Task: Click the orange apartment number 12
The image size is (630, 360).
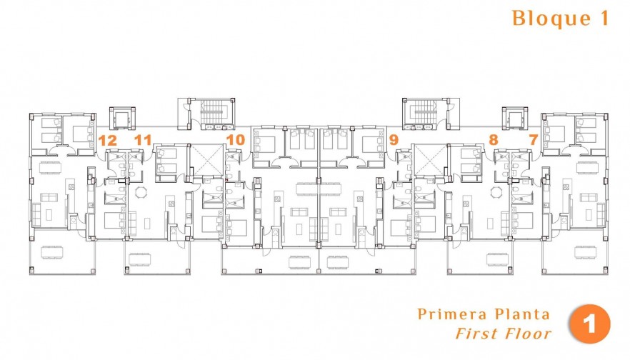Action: point(108,140)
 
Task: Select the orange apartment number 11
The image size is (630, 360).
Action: point(143,140)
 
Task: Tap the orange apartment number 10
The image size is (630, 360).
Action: point(235,140)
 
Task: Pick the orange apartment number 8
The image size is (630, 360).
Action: point(493,140)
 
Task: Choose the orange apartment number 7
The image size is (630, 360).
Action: point(533,140)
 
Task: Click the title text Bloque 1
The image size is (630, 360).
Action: point(560,19)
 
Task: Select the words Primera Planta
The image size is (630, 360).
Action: point(484,314)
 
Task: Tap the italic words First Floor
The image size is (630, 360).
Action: point(504,333)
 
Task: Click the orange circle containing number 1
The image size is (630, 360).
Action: point(589,324)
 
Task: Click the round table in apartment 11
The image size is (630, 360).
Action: point(140,191)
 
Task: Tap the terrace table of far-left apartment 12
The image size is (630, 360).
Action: point(54,251)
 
